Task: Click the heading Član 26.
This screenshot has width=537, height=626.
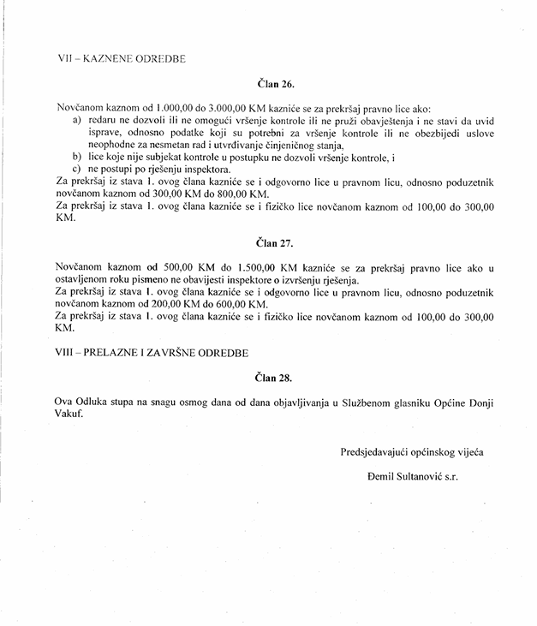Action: (275, 85)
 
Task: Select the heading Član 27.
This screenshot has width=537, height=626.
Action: (275, 243)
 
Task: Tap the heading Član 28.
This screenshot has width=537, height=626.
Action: (275, 376)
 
